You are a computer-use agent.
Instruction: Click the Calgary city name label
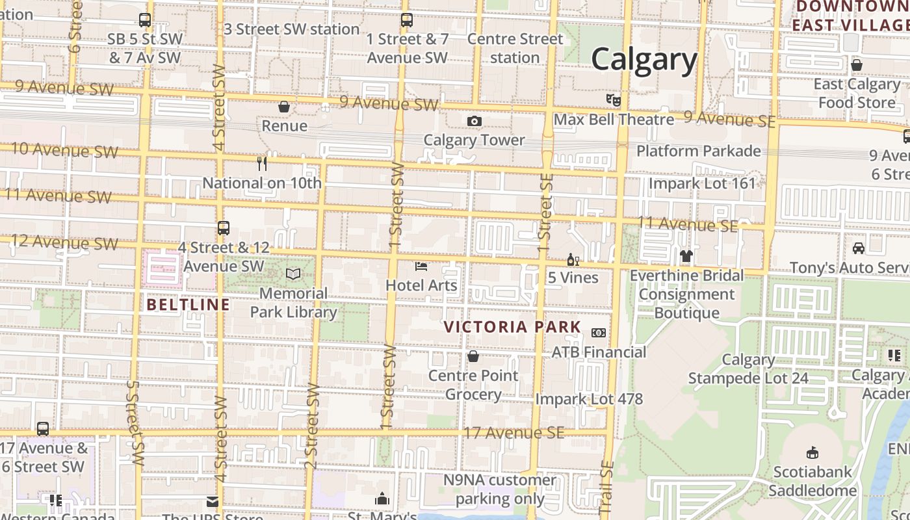[x=644, y=60]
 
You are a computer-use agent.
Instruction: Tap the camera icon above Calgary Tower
[x=474, y=121]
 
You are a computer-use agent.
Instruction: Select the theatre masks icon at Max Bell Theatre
[x=613, y=100]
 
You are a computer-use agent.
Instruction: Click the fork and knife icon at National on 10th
[x=262, y=164]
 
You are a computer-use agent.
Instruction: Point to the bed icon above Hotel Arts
[x=421, y=266]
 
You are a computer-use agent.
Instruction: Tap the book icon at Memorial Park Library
[x=294, y=274]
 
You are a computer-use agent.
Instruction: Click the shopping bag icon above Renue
[x=284, y=107]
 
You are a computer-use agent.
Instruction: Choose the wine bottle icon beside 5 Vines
[x=573, y=260]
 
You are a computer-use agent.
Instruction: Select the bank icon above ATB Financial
[x=599, y=333]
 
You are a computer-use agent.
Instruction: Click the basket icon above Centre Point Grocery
[x=473, y=357]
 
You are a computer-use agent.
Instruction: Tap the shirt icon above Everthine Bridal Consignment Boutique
[x=686, y=256]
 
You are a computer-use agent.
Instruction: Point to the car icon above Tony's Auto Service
[x=858, y=248]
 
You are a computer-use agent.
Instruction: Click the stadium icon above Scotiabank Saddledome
[x=812, y=453]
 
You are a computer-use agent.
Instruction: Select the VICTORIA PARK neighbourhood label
[x=513, y=327]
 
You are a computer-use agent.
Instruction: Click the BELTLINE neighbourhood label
[x=188, y=304]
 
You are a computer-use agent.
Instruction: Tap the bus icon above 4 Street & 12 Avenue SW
[x=224, y=228]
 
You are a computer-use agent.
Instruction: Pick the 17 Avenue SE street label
[x=513, y=433]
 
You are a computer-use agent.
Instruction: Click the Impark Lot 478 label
[x=589, y=399]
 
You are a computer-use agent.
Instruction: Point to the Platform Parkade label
[x=699, y=151]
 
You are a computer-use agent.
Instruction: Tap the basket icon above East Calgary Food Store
[x=857, y=65]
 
